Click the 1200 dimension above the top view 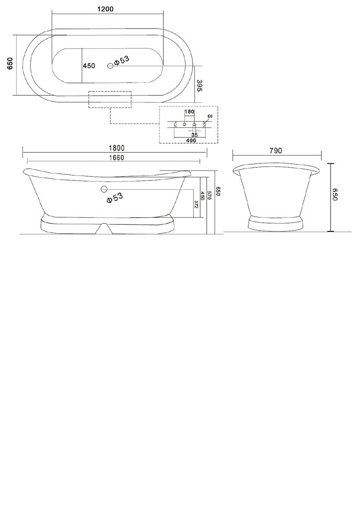(105, 9)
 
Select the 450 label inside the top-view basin (89, 66)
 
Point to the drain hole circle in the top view (110, 65)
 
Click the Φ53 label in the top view (122, 61)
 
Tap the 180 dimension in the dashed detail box (189, 112)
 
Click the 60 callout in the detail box (210, 116)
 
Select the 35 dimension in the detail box (194, 135)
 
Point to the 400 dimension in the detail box (191, 141)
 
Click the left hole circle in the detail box (184, 125)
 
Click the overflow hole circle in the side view (104, 189)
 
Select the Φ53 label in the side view (115, 198)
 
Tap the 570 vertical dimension (209, 195)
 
